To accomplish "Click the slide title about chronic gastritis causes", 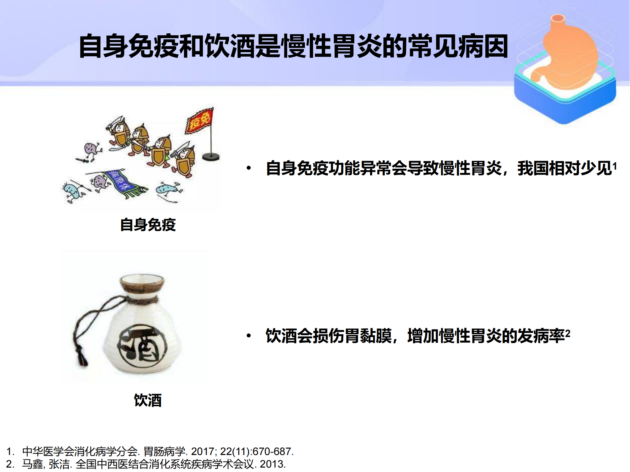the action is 293,47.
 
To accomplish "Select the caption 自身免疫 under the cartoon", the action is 148,225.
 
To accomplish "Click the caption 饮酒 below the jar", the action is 148,400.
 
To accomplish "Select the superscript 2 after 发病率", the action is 568,334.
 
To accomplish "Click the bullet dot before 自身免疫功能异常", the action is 249,168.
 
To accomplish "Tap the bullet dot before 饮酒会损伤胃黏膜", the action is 249,336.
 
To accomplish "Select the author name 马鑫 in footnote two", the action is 32,464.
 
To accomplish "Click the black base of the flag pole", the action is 210,156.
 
